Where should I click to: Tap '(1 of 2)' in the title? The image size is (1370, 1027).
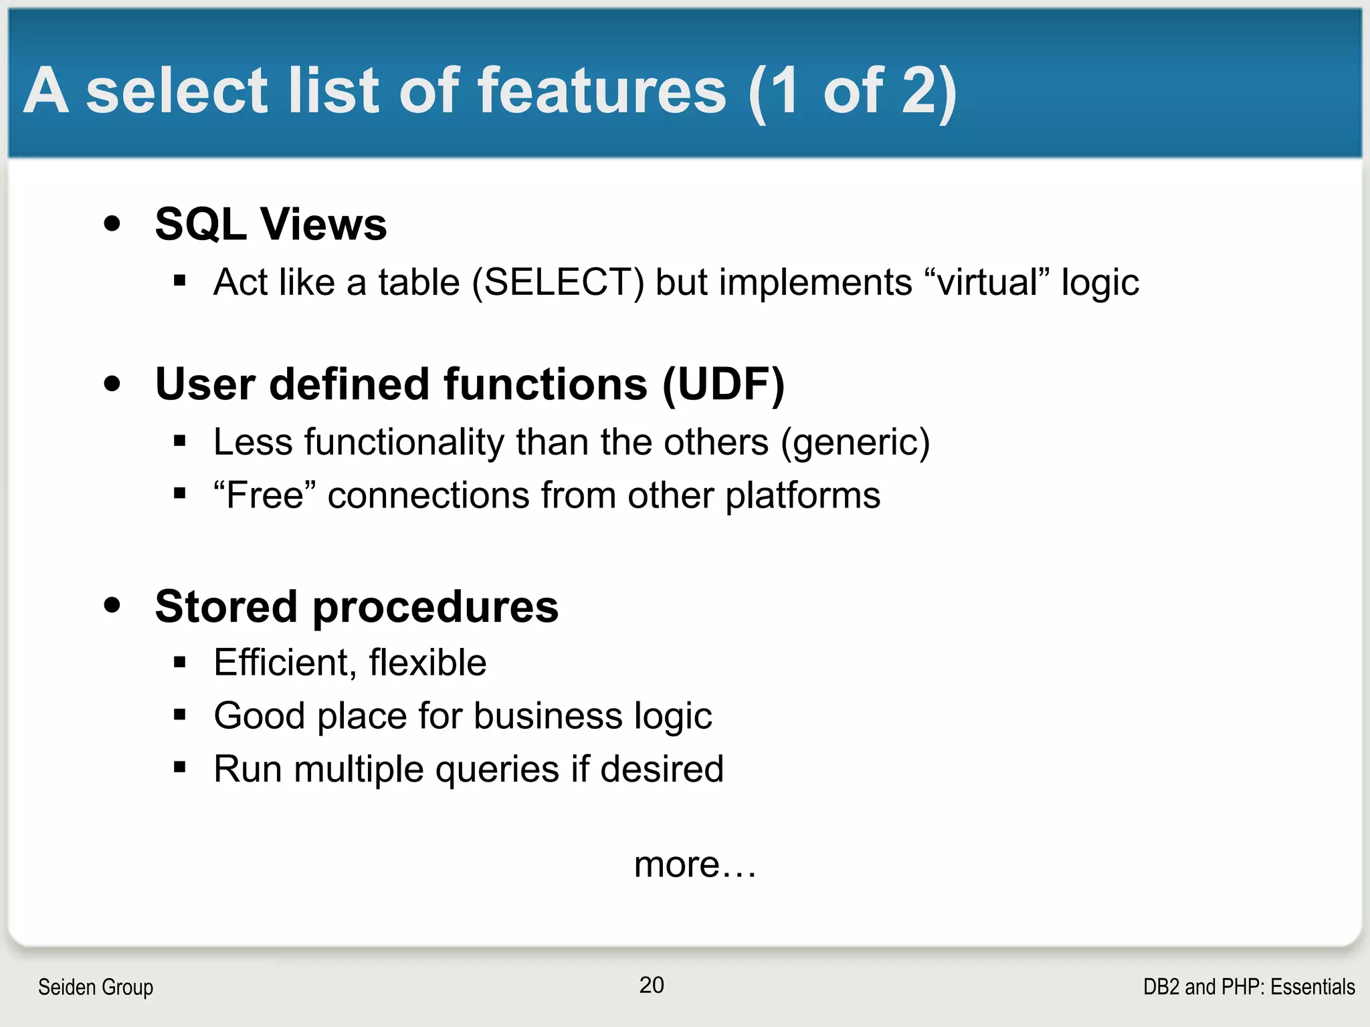(x=853, y=92)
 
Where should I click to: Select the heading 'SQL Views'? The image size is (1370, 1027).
(x=270, y=224)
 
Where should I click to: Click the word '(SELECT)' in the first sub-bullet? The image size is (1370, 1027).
(x=558, y=282)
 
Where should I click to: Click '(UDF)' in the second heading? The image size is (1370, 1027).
(x=723, y=384)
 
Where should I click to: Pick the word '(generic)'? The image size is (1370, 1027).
(x=855, y=443)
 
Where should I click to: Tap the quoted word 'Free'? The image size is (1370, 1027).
(x=265, y=495)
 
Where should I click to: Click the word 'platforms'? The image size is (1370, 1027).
(x=803, y=495)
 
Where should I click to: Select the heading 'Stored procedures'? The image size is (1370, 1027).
(x=357, y=606)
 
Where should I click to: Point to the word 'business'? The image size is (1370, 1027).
(x=548, y=716)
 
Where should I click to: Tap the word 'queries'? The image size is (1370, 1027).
(x=497, y=770)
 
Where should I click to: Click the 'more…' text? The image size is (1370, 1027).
(x=695, y=865)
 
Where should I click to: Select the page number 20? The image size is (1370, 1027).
(x=652, y=985)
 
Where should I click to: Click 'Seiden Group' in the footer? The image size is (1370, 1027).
(x=96, y=987)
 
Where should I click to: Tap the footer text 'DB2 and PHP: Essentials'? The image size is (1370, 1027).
(x=1248, y=987)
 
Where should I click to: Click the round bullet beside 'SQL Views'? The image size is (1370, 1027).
(x=112, y=224)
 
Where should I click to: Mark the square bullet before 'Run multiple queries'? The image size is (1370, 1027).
(x=179, y=767)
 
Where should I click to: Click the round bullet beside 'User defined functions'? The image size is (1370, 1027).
(x=112, y=384)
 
